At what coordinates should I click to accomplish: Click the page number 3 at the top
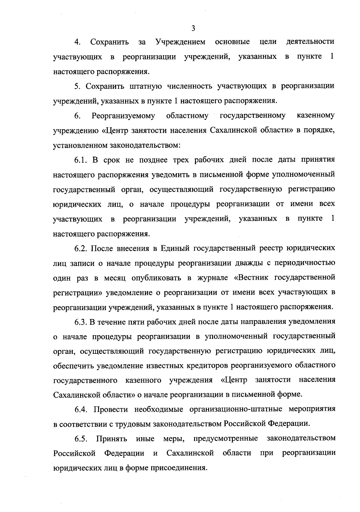tap(193, 29)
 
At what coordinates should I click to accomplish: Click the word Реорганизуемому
tap(123, 116)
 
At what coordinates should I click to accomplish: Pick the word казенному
tap(315, 116)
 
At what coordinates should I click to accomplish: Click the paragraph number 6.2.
tap(81, 248)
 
